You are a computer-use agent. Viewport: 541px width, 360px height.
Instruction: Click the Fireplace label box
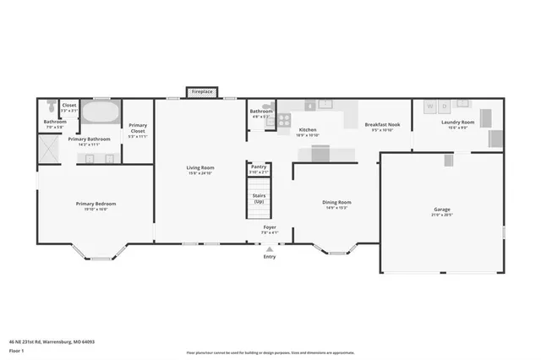tap(203, 90)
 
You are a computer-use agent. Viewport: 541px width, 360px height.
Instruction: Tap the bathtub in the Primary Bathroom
tap(101, 112)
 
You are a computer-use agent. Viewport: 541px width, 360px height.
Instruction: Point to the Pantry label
tap(259, 167)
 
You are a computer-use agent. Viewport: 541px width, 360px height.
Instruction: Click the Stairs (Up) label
tap(259, 198)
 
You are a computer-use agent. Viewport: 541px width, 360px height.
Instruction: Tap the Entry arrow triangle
tap(270, 249)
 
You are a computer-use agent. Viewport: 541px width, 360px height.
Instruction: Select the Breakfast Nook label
tap(382, 125)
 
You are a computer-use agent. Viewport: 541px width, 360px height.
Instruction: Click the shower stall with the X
tap(49, 147)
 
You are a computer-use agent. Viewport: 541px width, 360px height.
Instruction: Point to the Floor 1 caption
tap(17, 348)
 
